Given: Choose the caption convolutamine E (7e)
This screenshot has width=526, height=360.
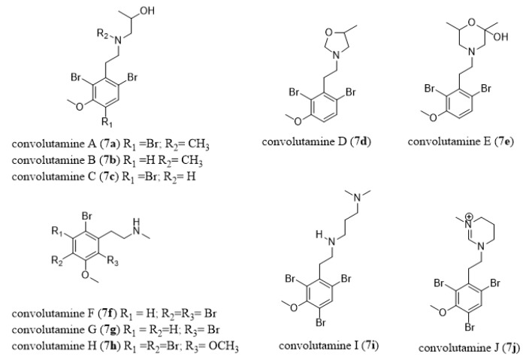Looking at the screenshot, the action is tap(455, 141).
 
